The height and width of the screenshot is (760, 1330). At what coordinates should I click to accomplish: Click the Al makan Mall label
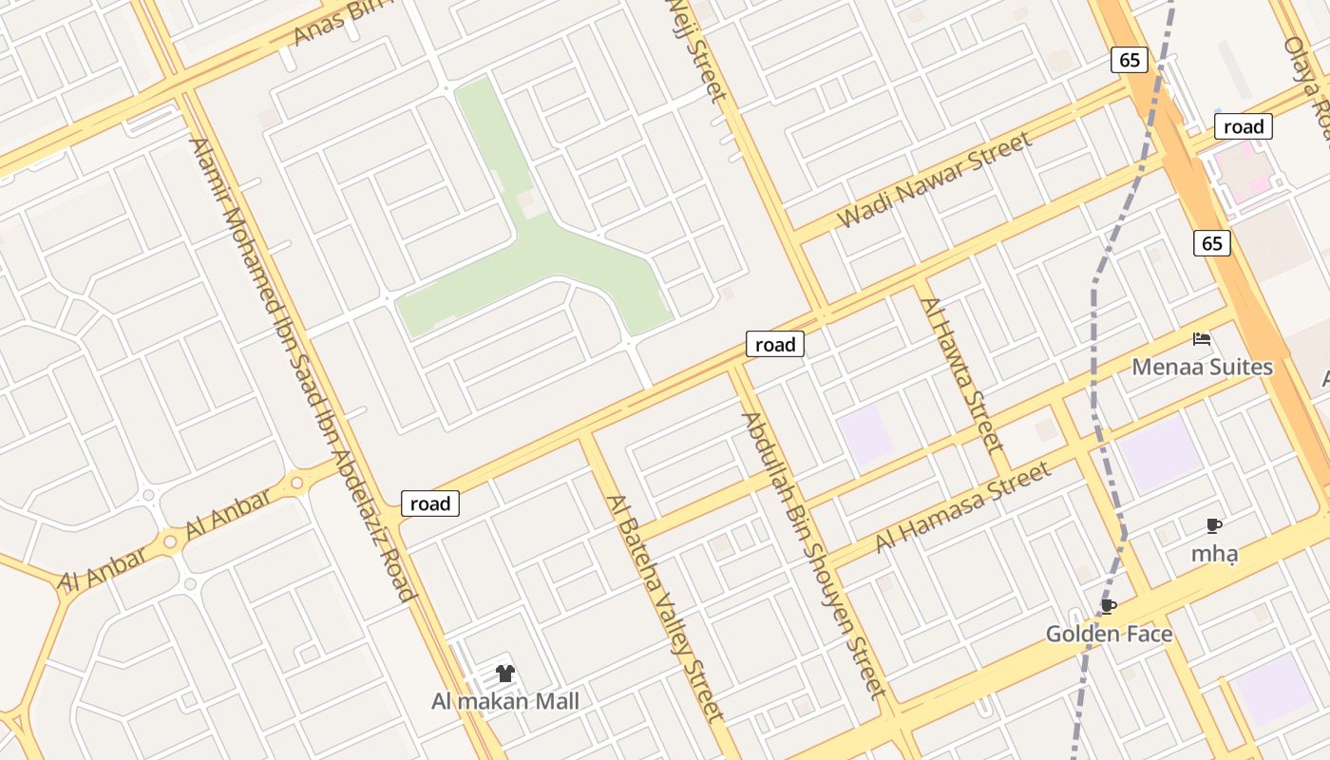[504, 702]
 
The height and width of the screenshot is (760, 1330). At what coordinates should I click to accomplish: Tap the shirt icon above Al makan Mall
[504, 674]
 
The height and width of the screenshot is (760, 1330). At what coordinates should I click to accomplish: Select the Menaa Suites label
[1202, 367]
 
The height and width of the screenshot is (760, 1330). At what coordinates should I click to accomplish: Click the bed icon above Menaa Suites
[1202, 338]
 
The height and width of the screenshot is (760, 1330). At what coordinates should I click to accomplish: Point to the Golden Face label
[1109, 634]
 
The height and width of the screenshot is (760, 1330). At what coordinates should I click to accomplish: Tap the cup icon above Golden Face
[1108, 605]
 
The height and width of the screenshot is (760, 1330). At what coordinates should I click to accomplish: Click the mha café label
[1214, 554]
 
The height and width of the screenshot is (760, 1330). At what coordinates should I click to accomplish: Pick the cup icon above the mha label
[1213, 525]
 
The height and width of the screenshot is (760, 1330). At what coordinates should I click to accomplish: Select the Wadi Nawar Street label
[934, 180]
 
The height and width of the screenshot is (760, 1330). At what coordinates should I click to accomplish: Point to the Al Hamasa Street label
[963, 506]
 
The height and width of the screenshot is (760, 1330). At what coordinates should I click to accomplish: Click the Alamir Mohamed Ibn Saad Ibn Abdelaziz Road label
[302, 369]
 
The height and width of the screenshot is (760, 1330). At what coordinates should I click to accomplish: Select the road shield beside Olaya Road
[1243, 126]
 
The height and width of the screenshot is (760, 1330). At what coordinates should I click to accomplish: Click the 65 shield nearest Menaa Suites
[1211, 243]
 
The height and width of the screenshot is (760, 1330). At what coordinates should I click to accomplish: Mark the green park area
[560, 256]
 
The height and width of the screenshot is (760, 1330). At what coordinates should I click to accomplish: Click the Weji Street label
[697, 47]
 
